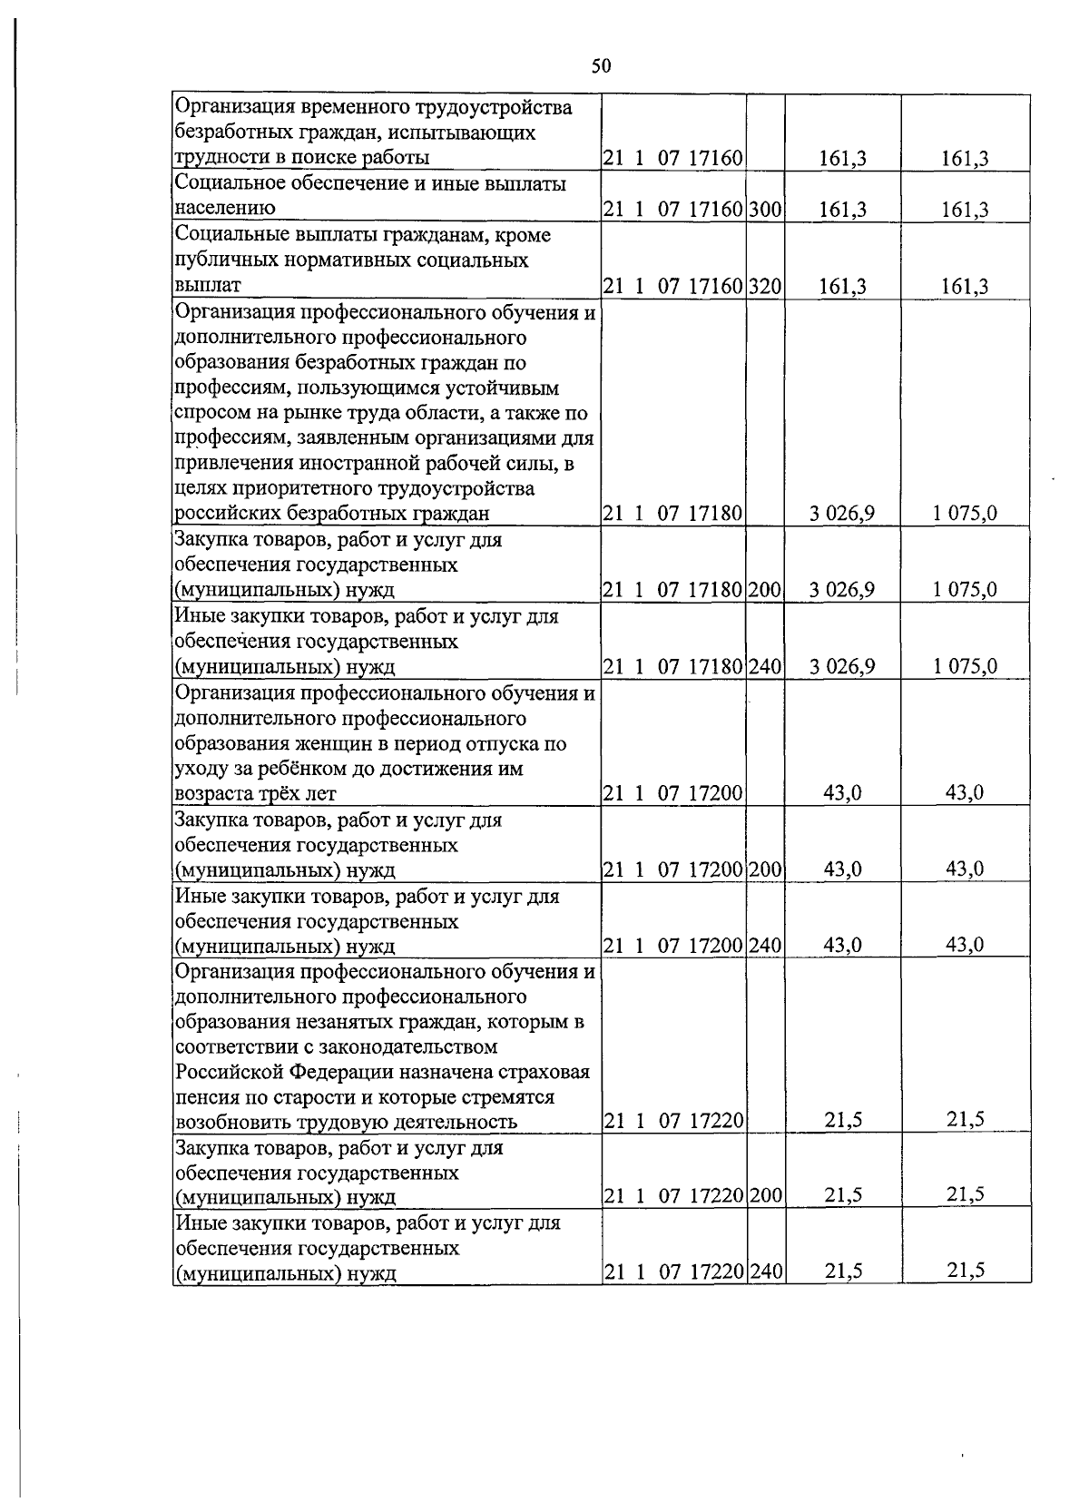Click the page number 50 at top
click(x=601, y=65)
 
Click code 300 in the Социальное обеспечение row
click(x=766, y=210)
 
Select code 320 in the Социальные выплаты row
click(x=766, y=286)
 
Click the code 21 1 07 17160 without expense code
click(x=673, y=159)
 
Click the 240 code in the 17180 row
click(x=766, y=666)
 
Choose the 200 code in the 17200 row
click(x=766, y=869)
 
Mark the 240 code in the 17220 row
click(x=766, y=1271)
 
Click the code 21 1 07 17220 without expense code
click(x=673, y=1122)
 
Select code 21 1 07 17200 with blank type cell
click(x=673, y=793)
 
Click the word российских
click(x=227, y=514)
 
